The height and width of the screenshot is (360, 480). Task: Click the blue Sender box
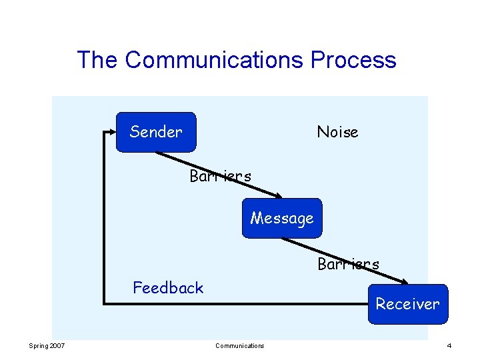[x=156, y=132]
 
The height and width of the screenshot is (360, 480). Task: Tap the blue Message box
[x=281, y=218]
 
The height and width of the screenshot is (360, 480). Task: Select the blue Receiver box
[x=407, y=304]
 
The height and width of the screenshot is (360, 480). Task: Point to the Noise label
[x=337, y=132]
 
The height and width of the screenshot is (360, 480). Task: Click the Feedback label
[x=168, y=288]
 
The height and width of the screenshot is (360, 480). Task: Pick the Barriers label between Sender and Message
[x=220, y=177]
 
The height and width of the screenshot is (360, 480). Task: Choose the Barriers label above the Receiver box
[x=348, y=264]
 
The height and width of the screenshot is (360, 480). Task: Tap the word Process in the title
[x=353, y=60]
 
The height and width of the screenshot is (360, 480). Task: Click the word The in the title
[x=97, y=60]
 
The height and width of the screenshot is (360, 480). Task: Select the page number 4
[x=449, y=345]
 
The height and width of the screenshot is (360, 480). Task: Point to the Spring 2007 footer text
[x=47, y=345]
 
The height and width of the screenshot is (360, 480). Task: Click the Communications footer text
[x=239, y=345]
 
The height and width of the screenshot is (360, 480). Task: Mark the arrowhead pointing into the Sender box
[x=112, y=132]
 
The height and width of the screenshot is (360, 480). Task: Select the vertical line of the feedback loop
[x=103, y=220]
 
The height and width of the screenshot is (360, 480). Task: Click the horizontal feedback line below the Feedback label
[x=233, y=305]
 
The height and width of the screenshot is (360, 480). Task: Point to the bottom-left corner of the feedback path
[x=103, y=305]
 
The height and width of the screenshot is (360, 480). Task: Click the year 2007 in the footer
[x=57, y=345]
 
